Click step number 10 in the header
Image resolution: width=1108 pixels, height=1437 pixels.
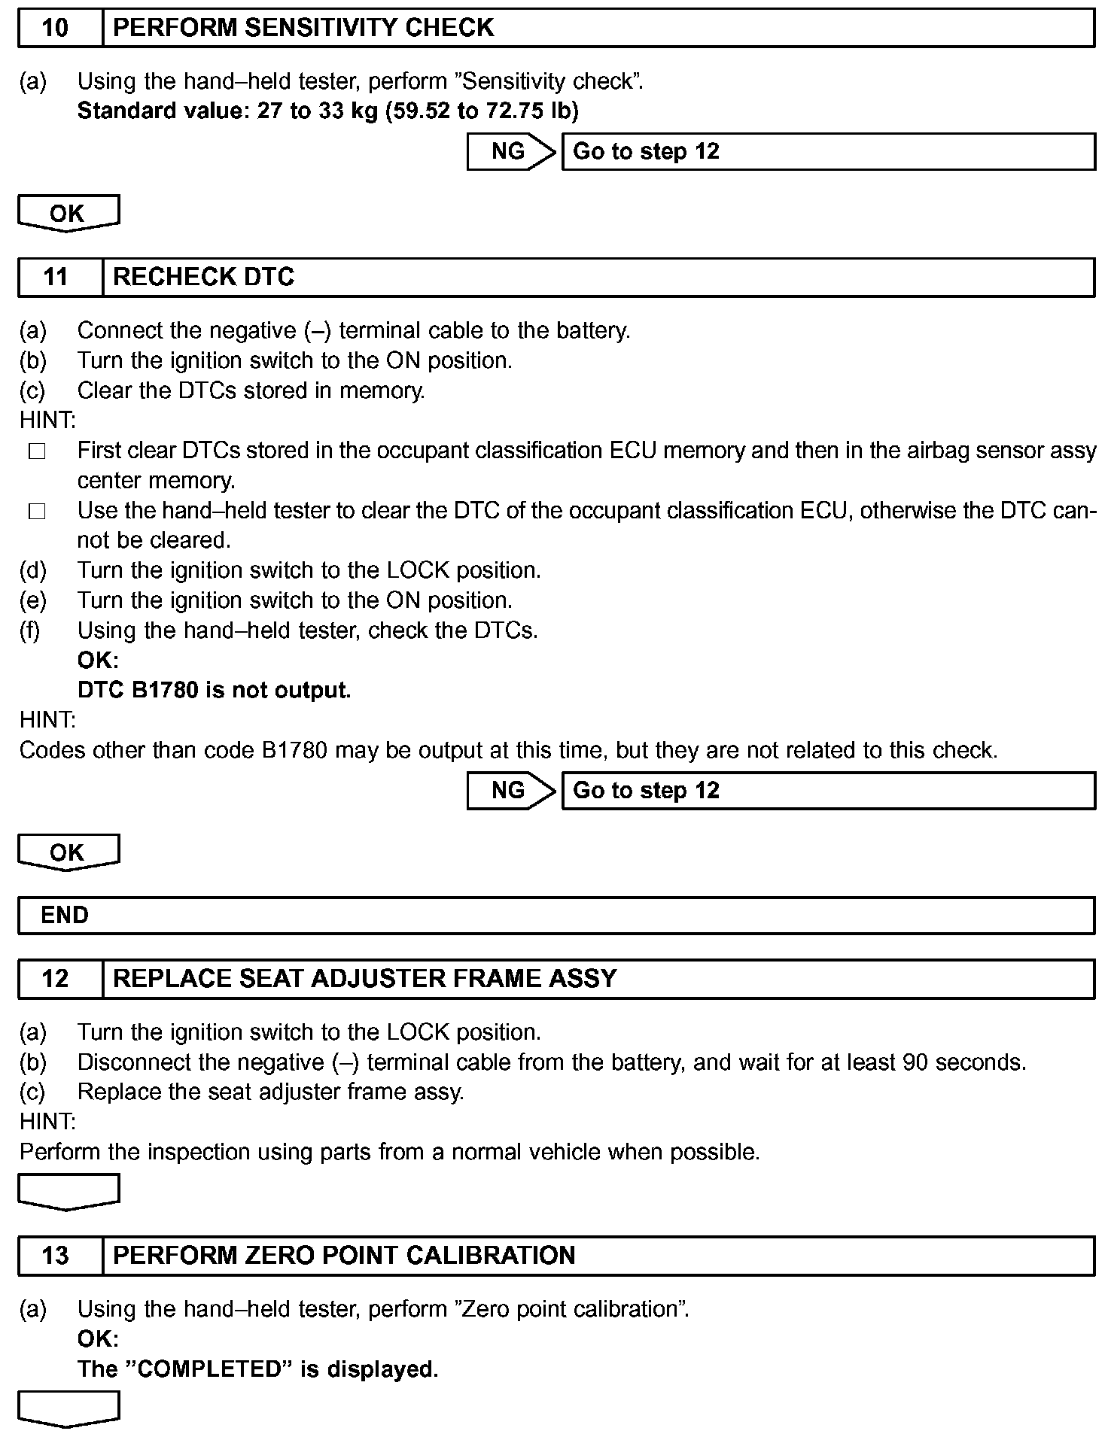pyautogui.click(x=56, y=29)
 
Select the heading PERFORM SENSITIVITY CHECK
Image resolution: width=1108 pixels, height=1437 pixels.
pyautogui.click(x=303, y=29)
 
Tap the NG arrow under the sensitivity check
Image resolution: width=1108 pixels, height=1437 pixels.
pyautogui.click(x=510, y=152)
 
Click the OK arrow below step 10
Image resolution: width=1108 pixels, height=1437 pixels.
pyautogui.click(x=68, y=214)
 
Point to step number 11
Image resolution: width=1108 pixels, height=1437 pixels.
pyautogui.click(x=56, y=278)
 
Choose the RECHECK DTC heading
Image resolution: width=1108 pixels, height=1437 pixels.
pyautogui.click(x=203, y=278)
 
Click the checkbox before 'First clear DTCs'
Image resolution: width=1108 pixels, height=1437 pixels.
pyautogui.click(x=38, y=452)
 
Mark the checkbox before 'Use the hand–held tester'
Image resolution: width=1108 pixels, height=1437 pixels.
pyautogui.click(x=38, y=512)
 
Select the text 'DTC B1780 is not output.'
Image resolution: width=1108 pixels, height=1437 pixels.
pyautogui.click(x=215, y=691)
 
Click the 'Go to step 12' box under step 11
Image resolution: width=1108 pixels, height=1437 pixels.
pyautogui.click(x=828, y=791)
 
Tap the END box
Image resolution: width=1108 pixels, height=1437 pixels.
pyautogui.click(x=556, y=916)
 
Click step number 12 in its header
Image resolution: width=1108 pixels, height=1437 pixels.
pyautogui.click(x=56, y=979)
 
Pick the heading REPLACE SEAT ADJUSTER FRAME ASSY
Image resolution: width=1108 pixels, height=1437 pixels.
pyautogui.click(x=365, y=979)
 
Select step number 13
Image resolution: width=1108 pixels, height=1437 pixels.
pyautogui.click(x=56, y=1256)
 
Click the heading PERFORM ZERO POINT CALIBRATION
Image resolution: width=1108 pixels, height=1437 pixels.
pyautogui.click(x=344, y=1256)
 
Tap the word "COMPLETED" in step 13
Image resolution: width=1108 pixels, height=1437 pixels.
pyautogui.click(x=207, y=1369)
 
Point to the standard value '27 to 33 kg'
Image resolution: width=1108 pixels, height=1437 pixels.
pyautogui.click(x=317, y=111)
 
